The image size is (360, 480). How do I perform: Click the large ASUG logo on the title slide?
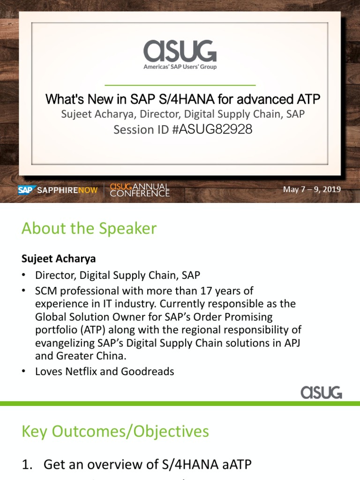[x=180, y=51]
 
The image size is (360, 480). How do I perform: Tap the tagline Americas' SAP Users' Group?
[x=180, y=67]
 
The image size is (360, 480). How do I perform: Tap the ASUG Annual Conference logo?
[x=140, y=190]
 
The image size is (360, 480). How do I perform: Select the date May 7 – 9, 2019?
[x=312, y=189]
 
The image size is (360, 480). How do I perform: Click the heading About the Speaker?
[x=89, y=229]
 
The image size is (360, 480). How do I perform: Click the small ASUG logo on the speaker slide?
[x=322, y=392]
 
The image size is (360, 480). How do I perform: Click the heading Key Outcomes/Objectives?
[x=115, y=431]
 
